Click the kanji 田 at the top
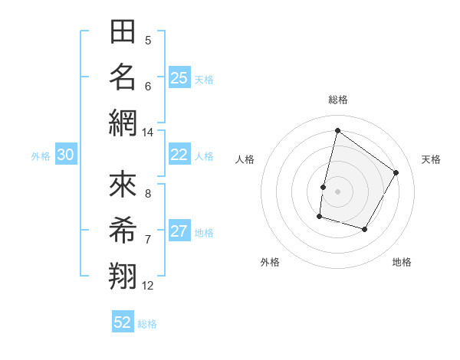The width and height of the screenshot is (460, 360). [x=123, y=32]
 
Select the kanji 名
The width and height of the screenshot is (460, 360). [x=123, y=77]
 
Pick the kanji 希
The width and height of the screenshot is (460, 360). [x=123, y=231]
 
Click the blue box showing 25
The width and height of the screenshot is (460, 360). [x=179, y=78]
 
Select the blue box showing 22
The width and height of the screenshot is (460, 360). [x=179, y=155]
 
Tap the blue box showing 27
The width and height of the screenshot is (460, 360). [x=179, y=231]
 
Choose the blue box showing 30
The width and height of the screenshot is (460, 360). [x=66, y=155]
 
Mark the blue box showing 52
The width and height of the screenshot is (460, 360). [x=123, y=322]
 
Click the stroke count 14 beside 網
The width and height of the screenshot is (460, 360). [x=147, y=133]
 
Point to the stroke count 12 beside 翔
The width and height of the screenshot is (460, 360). [x=148, y=286]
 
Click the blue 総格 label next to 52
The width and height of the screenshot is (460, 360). [x=147, y=324]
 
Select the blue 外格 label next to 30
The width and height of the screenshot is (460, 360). [x=41, y=156]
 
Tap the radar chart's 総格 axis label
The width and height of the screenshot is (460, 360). [x=337, y=100]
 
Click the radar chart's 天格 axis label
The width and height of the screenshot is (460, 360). [x=431, y=159]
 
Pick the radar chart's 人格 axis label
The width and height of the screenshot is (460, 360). [x=245, y=159]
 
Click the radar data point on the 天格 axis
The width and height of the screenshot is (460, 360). [x=396, y=172]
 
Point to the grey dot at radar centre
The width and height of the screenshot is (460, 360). [x=337, y=191]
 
